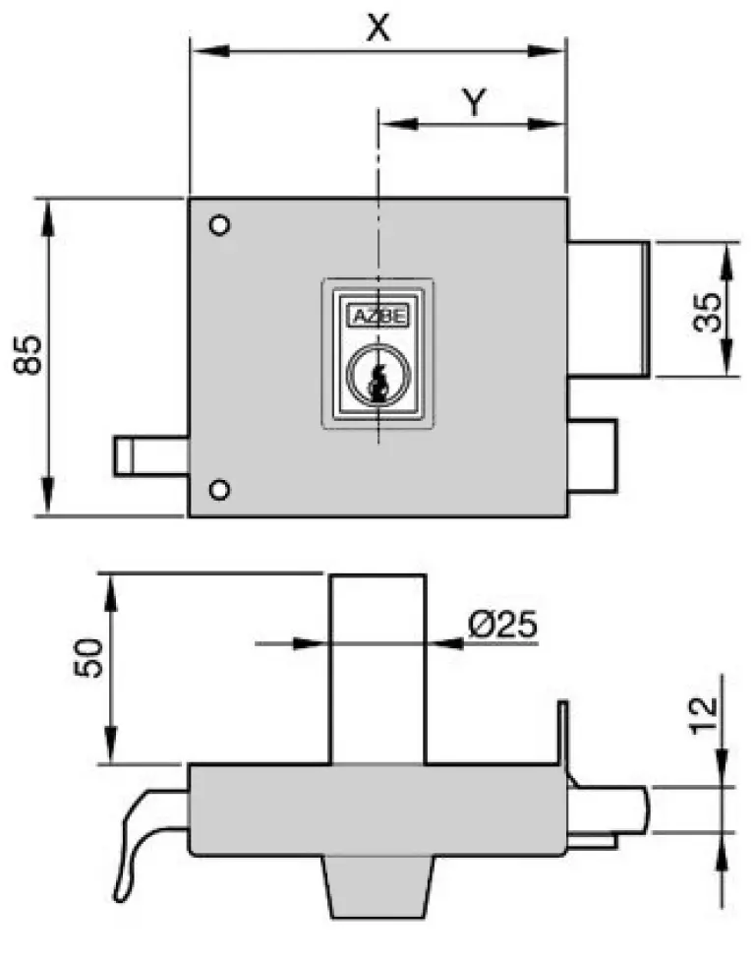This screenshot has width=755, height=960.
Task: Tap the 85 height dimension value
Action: pyautogui.click(x=29, y=354)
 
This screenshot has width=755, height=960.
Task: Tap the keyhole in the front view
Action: pyautogui.click(x=375, y=378)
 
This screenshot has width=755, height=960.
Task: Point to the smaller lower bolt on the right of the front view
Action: pyautogui.click(x=593, y=455)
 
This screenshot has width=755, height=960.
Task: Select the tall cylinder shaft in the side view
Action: pyautogui.click(x=377, y=669)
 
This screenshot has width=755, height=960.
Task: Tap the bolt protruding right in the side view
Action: pyautogui.click(x=610, y=810)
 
